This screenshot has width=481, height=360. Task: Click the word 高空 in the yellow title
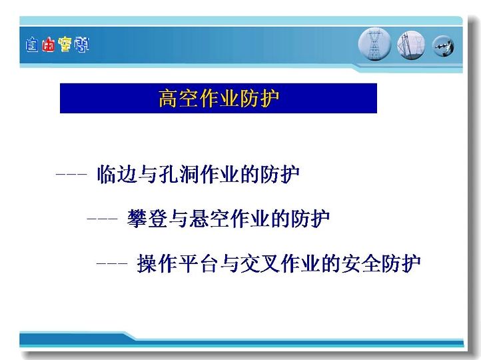(179, 99)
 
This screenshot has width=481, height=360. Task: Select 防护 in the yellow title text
(260, 99)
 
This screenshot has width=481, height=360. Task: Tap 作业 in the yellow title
(219, 99)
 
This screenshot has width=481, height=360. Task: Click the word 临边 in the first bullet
(117, 174)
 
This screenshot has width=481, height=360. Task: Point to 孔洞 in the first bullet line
(179, 174)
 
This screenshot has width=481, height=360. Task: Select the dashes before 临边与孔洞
(71, 174)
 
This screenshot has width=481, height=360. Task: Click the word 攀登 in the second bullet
(147, 219)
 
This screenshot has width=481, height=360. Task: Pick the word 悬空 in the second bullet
(209, 219)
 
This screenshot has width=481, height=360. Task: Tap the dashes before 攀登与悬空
(102, 219)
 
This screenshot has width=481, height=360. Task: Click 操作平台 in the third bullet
(177, 263)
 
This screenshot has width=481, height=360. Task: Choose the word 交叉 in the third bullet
(260, 263)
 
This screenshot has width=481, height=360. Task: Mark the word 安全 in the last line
(361, 263)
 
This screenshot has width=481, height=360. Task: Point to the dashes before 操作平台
(112, 263)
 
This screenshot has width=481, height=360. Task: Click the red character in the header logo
(49, 45)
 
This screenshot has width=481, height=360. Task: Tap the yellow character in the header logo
(65, 45)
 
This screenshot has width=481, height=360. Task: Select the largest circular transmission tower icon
(374, 44)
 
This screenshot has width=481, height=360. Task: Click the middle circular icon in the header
(411, 45)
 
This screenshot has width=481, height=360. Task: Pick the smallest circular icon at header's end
(443, 47)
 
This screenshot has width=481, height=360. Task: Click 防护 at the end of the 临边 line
(280, 174)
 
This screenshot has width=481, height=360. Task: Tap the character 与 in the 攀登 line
(179, 219)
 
